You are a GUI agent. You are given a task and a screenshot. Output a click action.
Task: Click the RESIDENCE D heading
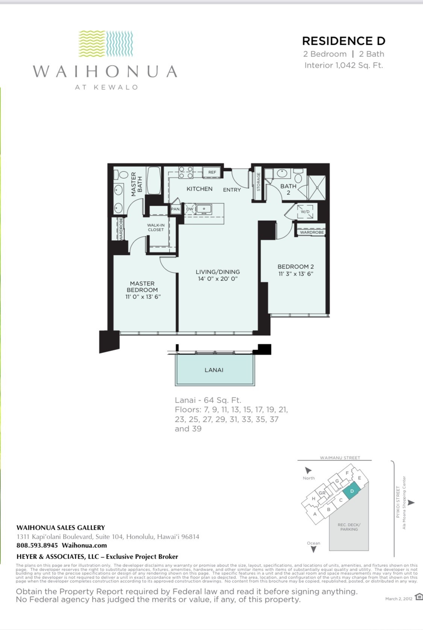[343, 41]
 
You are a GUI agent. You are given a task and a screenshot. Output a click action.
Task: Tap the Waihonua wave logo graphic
[106, 44]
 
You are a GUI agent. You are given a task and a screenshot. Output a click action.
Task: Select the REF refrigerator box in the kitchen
[212, 172]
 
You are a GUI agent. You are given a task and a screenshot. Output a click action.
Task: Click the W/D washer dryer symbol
[305, 212]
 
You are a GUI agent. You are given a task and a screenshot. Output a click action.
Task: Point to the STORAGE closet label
[258, 182]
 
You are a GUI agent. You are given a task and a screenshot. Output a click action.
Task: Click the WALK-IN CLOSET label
[156, 227]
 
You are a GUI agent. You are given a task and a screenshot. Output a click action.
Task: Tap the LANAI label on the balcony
[214, 370]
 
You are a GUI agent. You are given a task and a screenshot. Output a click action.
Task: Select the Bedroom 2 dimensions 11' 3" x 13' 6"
[296, 274]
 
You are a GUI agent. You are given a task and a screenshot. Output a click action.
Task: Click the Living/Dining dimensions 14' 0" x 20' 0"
[218, 279]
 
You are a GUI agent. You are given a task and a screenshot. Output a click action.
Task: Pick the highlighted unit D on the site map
[352, 491]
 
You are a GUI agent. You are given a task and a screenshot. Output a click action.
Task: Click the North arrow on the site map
[308, 470]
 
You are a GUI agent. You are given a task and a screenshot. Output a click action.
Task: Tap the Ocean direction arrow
[313, 549]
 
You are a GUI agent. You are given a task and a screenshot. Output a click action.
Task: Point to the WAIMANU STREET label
[340, 458]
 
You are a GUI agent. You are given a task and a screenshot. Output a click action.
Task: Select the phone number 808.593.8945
[37, 545]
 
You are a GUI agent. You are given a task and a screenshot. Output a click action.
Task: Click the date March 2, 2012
[399, 599]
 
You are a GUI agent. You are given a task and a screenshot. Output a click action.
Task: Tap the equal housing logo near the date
[419, 597]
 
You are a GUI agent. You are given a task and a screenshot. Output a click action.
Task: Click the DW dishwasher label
[190, 209]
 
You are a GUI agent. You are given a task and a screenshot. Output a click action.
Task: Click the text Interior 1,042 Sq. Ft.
[343, 65]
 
